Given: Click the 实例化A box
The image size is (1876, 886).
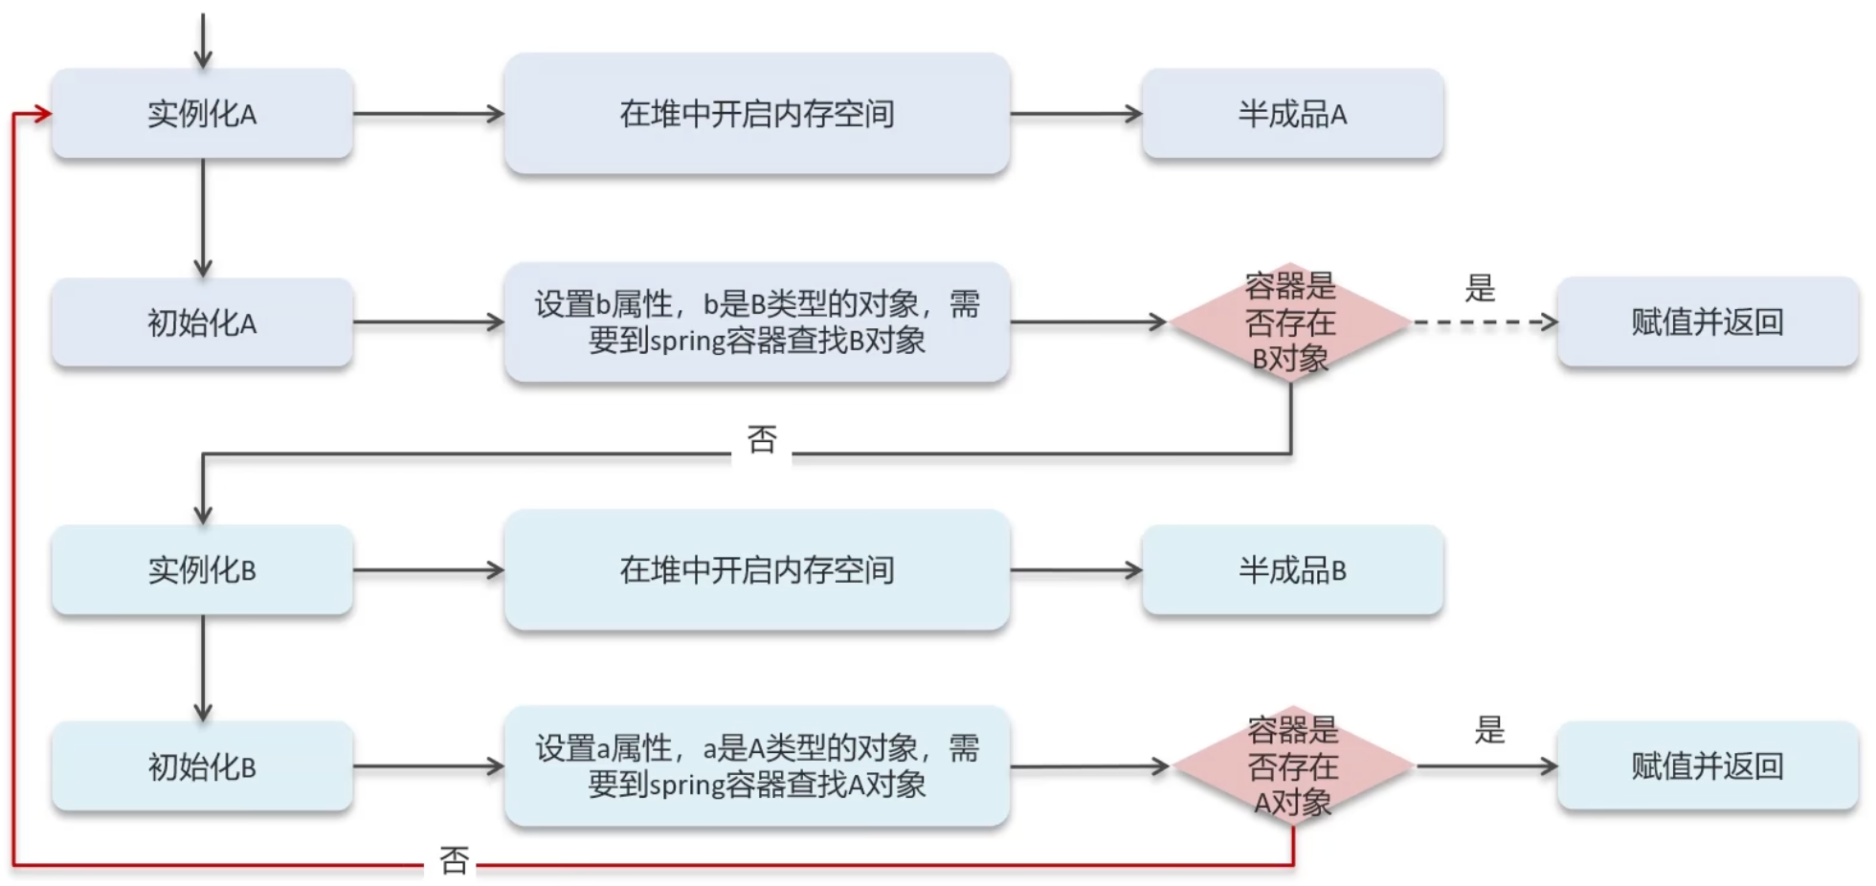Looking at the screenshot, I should pyautogui.click(x=202, y=114).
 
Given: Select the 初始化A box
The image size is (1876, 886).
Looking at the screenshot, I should pyautogui.click(x=202, y=323).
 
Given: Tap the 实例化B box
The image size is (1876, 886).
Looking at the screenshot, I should pyautogui.click(x=202, y=570).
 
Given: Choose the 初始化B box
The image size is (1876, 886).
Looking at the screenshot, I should pyautogui.click(x=202, y=766).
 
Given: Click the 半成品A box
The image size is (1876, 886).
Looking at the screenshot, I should pyautogui.click(x=1292, y=114).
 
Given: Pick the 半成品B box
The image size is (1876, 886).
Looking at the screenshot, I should pyautogui.click(x=1292, y=570).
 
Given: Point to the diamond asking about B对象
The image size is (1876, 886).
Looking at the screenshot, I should pyautogui.click(x=1290, y=322).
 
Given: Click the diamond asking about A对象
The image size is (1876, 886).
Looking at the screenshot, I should pyautogui.click(x=1292, y=765).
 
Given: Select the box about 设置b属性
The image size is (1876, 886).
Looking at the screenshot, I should pyautogui.click(x=756, y=322).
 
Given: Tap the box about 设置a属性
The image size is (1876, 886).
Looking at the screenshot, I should pyautogui.click(x=756, y=765).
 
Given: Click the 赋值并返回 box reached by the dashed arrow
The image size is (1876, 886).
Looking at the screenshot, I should pyautogui.click(x=1707, y=322).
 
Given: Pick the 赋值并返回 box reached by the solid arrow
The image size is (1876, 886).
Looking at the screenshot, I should pyautogui.click(x=1707, y=765).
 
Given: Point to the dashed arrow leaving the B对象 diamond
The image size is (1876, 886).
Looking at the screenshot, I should pyautogui.click(x=1484, y=322).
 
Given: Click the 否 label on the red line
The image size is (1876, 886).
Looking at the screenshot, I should pyautogui.click(x=454, y=860).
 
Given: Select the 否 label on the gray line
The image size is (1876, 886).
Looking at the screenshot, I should pyautogui.click(x=762, y=440).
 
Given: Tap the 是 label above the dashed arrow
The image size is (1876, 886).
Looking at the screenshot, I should pyautogui.click(x=1480, y=288).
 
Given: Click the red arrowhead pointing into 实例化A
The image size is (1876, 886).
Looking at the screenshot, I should pyautogui.click(x=42, y=114).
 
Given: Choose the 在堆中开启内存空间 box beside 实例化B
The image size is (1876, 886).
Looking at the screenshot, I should pyautogui.click(x=756, y=570).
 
